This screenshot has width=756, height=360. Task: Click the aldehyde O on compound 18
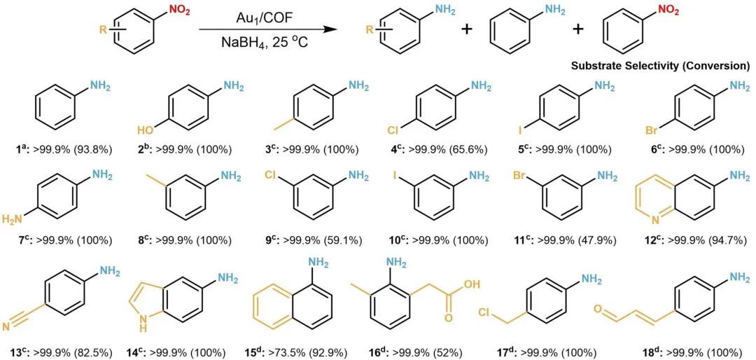point(596,308)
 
